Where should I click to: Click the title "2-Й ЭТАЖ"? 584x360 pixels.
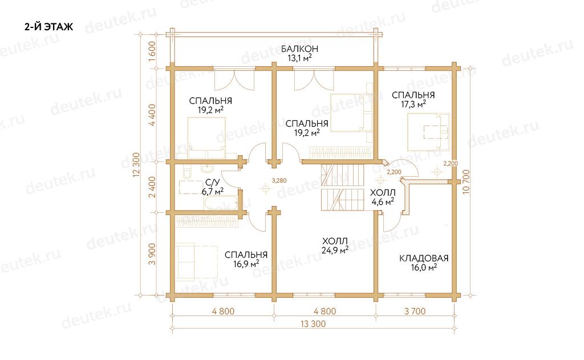(49, 27)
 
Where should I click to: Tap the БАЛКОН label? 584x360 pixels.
(299, 49)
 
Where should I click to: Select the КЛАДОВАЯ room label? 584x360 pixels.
(424, 258)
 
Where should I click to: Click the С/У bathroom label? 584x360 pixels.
(213, 183)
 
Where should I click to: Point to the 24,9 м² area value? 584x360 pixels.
(335, 250)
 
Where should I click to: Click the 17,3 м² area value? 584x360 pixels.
(413, 104)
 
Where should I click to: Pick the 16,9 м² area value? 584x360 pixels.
(246, 264)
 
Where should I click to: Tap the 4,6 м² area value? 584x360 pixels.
(383, 202)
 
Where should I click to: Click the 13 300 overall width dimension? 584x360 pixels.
(313, 324)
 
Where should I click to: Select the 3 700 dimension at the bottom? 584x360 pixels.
(415, 311)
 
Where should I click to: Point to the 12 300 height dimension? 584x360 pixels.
(136, 164)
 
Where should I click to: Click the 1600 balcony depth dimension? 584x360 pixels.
(152, 51)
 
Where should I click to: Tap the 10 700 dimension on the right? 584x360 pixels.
(467, 182)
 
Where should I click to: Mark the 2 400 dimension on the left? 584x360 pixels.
(152, 187)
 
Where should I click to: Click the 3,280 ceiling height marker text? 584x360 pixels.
(279, 181)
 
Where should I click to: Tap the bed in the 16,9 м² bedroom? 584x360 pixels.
(197, 261)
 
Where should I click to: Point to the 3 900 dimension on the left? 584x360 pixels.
(152, 254)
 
